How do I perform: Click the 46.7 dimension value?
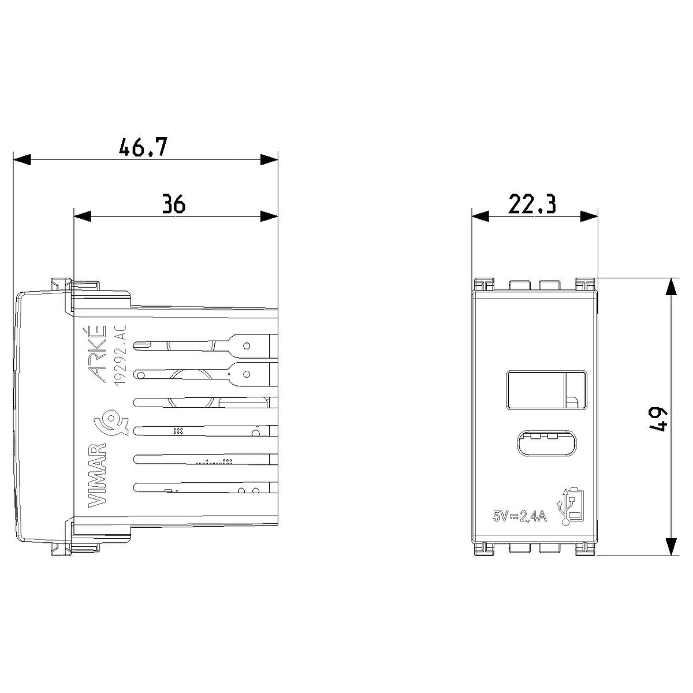(143, 147)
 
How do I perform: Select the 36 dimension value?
(174, 203)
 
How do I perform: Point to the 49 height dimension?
(658, 419)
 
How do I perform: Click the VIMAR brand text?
(97, 475)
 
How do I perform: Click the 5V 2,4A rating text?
(520, 517)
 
